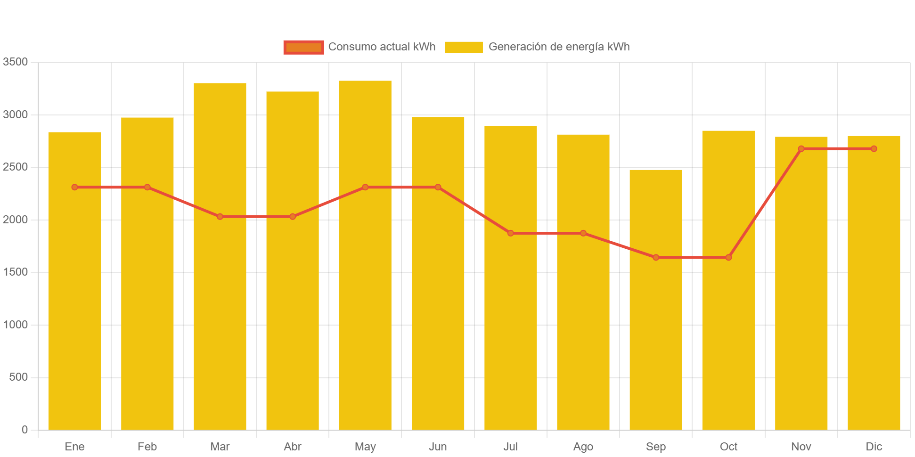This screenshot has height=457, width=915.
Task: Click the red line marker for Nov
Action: (801, 149)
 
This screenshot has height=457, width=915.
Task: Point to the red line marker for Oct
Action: (728, 258)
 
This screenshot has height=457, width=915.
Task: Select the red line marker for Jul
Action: (510, 233)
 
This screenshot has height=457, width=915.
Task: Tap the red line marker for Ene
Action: (74, 187)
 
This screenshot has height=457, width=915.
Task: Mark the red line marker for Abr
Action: (293, 217)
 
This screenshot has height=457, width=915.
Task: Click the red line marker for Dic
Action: (874, 149)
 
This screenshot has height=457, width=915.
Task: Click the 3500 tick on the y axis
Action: (15, 62)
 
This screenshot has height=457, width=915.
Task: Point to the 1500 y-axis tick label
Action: (15, 272)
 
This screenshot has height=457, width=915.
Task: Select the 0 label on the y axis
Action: (24, 429)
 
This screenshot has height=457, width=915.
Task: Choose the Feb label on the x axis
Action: (147, 447)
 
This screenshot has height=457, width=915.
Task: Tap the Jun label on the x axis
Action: (438, 447)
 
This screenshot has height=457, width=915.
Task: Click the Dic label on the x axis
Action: (874, 447)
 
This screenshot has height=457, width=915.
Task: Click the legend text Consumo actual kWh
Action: (382, 47)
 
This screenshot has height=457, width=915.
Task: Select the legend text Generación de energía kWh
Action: (559, 47)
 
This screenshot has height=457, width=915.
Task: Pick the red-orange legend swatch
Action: (303, 47)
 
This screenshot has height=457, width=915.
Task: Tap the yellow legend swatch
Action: (464, 47)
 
